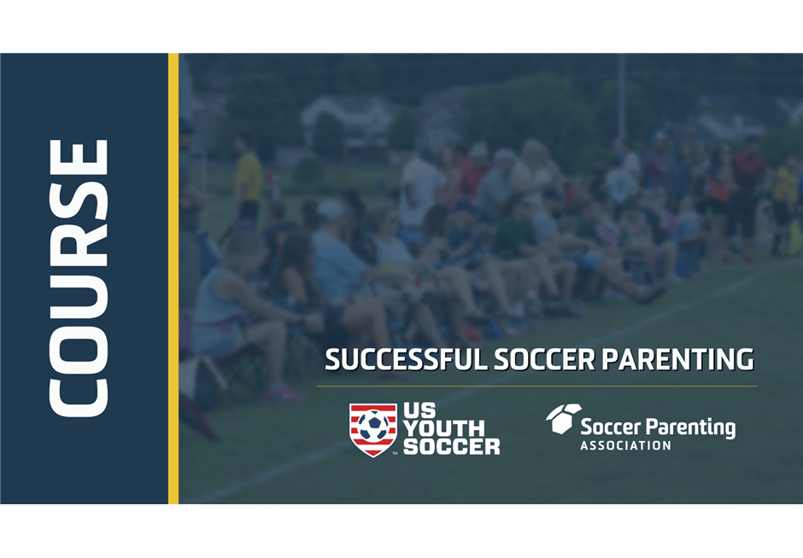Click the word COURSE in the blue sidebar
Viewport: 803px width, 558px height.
coord(79,278)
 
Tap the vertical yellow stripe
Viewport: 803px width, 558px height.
coord(173,278)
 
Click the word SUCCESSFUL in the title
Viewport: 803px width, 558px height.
coord(407,359)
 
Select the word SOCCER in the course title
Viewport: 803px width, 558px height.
coord(544,359)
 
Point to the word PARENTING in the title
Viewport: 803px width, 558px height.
coord(677,359)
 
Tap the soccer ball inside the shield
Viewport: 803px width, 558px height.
coord(373,426)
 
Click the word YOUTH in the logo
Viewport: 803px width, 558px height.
coord(443,428)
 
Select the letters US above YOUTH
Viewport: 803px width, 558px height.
coord(419,410)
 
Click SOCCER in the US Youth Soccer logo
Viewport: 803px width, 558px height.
coord(451,446)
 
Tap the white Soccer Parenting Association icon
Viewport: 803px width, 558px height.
coord(563,419)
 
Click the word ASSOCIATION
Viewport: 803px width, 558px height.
coord(625,445)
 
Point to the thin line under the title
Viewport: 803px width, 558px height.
coord(537,387)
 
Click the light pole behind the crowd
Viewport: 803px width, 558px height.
coord(621,97)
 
